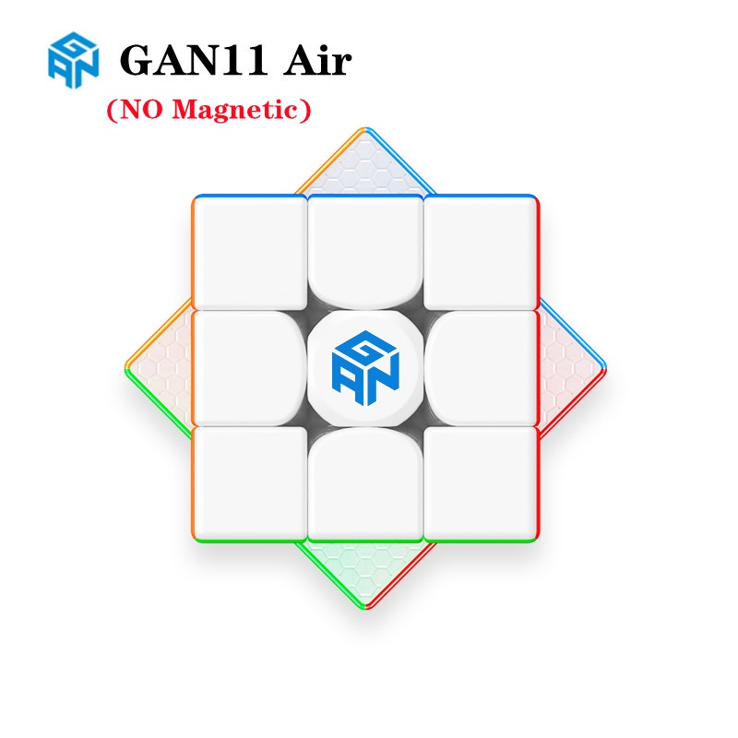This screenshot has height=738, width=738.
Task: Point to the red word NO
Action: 141,110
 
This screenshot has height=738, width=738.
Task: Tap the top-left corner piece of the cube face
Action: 250,252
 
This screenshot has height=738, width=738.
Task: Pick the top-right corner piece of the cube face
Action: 482,252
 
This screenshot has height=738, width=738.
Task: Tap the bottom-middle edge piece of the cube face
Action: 366,486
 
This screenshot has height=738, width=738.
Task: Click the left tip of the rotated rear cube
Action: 129,368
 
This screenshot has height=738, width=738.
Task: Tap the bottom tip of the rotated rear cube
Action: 366,607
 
